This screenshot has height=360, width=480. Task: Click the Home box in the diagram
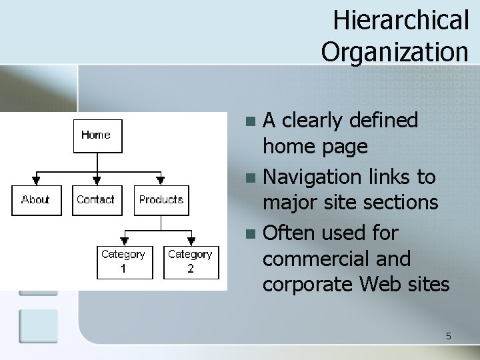97,135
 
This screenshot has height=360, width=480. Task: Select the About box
35,199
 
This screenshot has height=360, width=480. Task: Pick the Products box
161,199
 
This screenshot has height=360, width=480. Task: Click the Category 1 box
123,261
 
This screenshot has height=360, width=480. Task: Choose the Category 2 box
190,261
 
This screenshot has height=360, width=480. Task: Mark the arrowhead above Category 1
123,241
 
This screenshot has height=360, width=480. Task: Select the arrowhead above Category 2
191,241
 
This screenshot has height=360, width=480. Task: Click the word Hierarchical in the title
401,20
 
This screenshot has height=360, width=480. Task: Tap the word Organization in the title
395,50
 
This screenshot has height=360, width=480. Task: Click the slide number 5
449,336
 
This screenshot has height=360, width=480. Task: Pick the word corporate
309,284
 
